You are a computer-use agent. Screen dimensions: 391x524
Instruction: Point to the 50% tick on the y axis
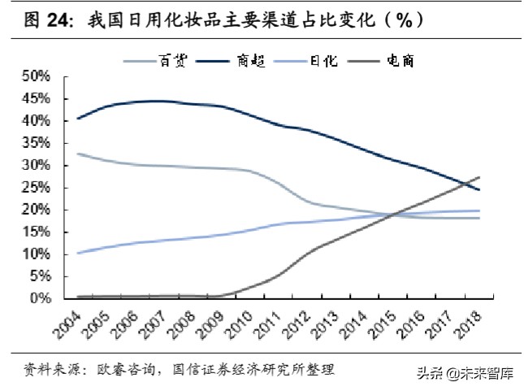pos(36,76)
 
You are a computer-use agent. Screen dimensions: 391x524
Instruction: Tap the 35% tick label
pos(36,142)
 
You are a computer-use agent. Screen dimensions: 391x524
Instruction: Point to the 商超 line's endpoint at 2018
pos(479,189)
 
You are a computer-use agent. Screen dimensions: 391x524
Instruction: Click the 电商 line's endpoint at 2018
pos(479,176)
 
